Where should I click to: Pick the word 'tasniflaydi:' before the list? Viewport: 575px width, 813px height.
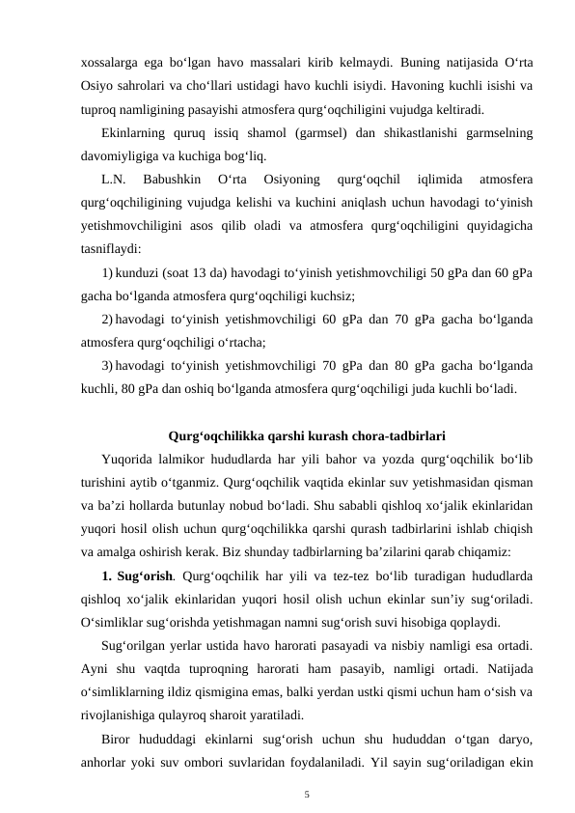112,247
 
